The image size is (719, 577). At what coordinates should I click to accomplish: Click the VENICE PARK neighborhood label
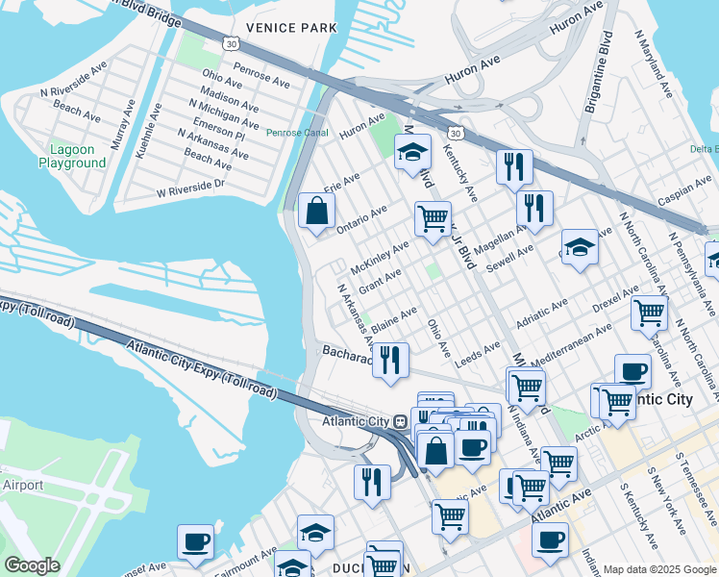[x=291, y=27]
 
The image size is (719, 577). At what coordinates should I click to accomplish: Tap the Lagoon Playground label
[x=72, y=156]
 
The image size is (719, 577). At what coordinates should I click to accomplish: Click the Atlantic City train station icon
[x=402, y=421]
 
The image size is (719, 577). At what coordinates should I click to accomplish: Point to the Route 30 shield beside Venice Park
[x=229, y=43]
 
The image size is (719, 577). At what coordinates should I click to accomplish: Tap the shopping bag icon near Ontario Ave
[x=316, y=211]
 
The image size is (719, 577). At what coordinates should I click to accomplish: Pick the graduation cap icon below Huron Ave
[x=412, y=152]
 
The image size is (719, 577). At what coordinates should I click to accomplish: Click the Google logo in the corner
[x=32, y=565]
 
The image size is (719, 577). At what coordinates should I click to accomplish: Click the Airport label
[x=21, y=486]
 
